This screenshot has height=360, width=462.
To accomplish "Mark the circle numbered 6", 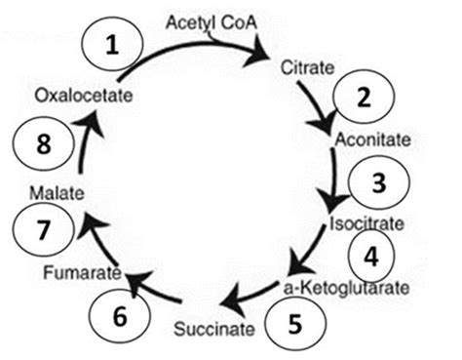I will coord(119,316).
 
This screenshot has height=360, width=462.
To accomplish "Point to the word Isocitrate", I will coord(366,223).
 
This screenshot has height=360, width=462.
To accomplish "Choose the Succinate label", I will coord(219,327).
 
